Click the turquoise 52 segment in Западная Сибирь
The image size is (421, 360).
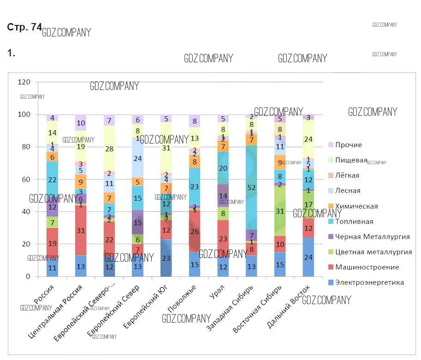tap(251, 187)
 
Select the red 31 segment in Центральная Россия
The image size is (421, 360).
tap(81, 230)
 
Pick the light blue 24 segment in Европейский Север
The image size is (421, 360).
tap(138, 158)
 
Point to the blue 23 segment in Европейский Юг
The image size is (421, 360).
tap(166, 258)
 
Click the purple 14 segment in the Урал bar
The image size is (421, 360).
tap(223, 196)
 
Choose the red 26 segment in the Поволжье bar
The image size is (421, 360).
tap(195, 231)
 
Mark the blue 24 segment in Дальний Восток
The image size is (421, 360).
tap(308, 257)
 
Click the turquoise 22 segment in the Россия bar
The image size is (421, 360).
tap(52, 180)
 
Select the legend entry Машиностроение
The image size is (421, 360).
tap(367, 267)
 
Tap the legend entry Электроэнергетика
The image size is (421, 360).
tap(369, 282)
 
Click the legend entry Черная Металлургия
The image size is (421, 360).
tap(372, 237)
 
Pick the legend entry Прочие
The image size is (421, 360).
tap(348, 145)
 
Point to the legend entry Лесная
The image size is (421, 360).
tap(348, 191)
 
